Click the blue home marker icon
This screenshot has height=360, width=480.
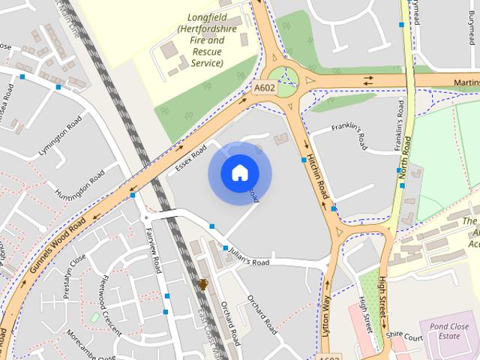[238, 173]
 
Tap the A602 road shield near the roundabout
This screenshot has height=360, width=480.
[265, 88]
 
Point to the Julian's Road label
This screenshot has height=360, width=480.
[248, 257]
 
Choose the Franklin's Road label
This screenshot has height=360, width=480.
[361, 133]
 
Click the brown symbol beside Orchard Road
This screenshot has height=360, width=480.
[203, 284]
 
